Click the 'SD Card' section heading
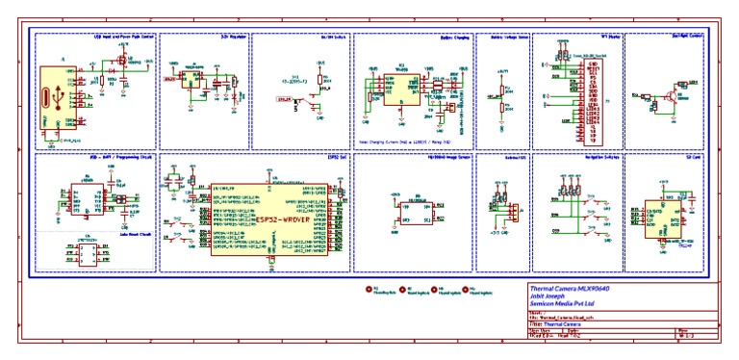693,156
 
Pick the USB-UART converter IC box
88,199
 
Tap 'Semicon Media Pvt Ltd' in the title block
567,303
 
